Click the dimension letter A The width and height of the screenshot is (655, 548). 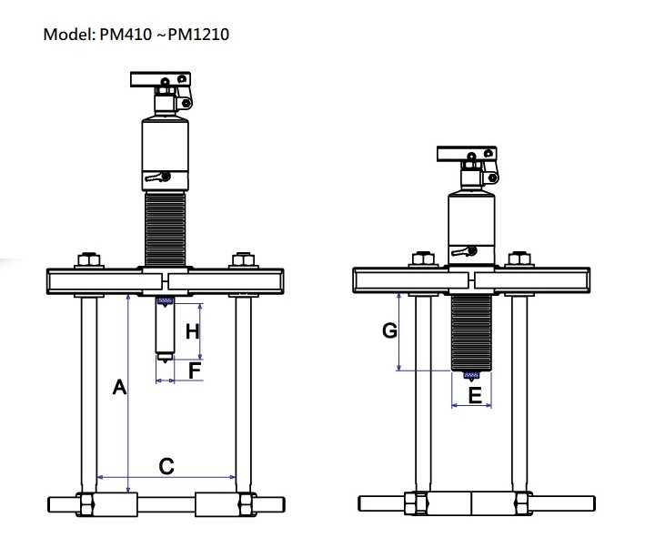tap(118, 388)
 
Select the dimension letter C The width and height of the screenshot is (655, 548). tap(166, 466)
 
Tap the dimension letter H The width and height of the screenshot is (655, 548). tap(192, 332)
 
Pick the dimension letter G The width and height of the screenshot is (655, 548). tap(389, 331)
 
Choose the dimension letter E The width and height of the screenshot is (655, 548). tap(474, 395)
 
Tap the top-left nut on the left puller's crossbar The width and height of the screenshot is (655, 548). tap(87, 260)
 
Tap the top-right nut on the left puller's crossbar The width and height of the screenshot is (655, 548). tap(242, 260)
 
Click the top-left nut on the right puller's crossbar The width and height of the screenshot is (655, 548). tap(421, 260)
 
